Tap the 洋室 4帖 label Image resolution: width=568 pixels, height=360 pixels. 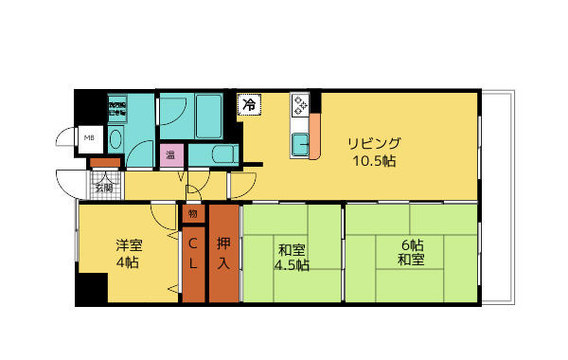point(128,251)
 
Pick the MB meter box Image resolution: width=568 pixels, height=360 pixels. point(89,138)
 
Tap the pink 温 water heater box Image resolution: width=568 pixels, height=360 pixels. point(171,154)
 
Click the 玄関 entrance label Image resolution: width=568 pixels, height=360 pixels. point(103,187)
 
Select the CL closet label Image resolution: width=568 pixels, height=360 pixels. point(193,254)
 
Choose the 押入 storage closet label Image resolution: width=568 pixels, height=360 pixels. point(223,251)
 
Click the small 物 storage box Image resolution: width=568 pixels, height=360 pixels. point(192,214)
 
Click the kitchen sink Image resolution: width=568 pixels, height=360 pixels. point(300,145)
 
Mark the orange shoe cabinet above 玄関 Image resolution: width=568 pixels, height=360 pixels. point(102,163)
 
